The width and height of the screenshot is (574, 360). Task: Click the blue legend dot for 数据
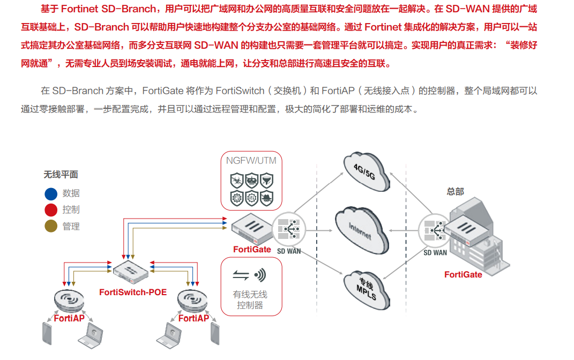(51, 193)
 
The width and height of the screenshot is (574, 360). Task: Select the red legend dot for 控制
(51, 210)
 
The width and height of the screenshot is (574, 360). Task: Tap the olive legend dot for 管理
(51, 227)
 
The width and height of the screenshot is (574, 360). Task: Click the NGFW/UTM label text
(251, 161)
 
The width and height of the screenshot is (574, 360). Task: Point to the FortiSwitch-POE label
(133, 292)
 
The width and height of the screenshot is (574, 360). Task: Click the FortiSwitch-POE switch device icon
(131, 273)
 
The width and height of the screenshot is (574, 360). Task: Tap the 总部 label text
(455, 191)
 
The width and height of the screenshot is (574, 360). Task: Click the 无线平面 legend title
(61, 175)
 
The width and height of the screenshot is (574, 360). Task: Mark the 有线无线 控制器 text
(250, 299)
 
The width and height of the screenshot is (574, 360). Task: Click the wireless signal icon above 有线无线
(260, 275)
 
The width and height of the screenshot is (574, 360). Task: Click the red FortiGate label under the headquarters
(463, 275)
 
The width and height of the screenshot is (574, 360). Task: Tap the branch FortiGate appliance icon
(251, 229)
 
